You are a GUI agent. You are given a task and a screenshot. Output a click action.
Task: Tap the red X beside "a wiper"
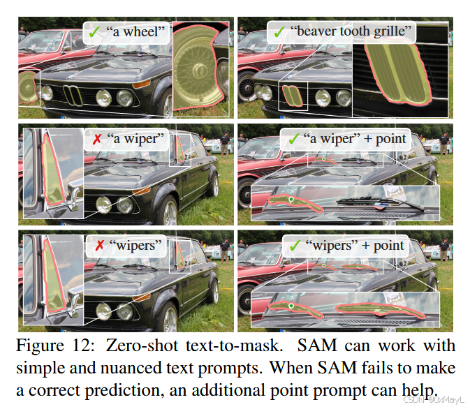[96, 139]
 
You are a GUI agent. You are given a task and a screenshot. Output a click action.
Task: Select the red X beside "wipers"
[96, 246]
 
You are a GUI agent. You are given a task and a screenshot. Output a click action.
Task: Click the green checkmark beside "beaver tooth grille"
[279, 31]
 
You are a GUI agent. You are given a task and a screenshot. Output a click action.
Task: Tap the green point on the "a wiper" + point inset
[292, 200]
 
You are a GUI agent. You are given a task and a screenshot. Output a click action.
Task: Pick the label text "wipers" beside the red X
[135, 246]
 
